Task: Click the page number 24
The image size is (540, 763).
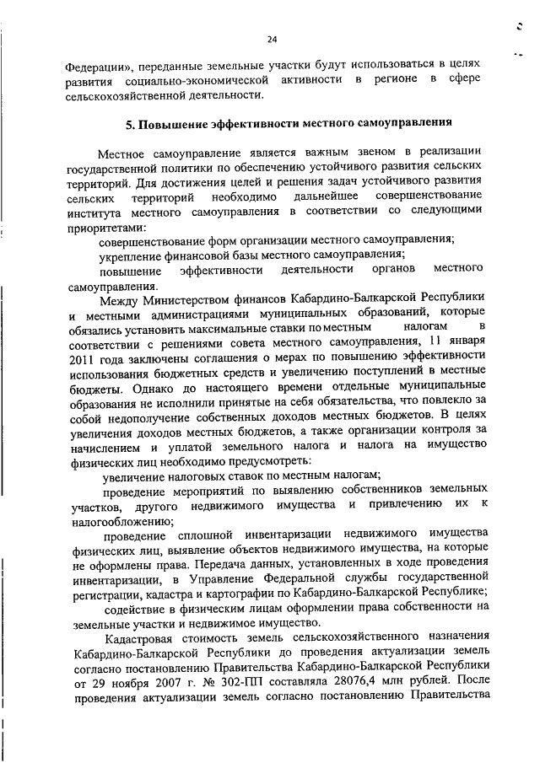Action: pyautogui.click(x=272, y=39)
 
